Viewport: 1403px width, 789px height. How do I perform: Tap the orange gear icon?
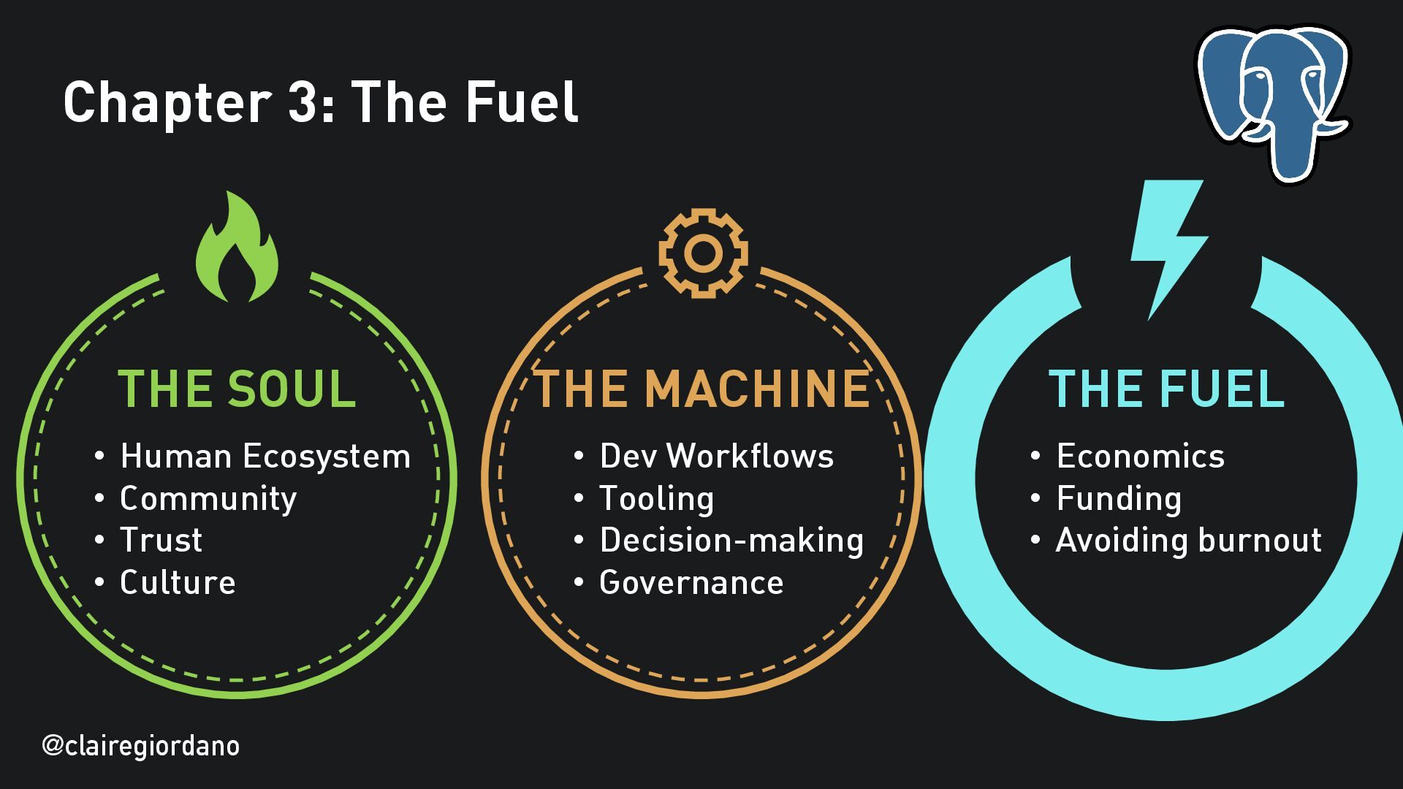[703, 253]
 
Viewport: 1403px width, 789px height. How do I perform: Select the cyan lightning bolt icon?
[1167, 245]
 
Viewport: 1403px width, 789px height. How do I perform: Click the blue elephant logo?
[1273, 102]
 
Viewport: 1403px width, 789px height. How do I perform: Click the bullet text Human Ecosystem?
[265, 457]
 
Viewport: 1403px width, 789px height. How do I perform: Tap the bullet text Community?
[208, 499]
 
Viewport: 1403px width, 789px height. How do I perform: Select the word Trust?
[161, 541]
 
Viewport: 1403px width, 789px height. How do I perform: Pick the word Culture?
[178, 583]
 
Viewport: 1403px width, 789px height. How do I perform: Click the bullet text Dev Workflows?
[716, 457]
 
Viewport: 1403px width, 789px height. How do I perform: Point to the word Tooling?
[656, 499]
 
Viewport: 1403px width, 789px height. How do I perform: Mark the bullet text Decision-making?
[731, 541]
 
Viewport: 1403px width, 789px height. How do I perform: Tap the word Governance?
[691, 583]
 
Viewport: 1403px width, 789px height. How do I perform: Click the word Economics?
[1140, 457]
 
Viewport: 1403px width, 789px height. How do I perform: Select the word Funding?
[1119, 499]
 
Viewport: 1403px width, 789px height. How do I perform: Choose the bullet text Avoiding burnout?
[1189, 541]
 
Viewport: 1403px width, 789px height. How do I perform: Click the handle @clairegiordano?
[141, 746]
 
